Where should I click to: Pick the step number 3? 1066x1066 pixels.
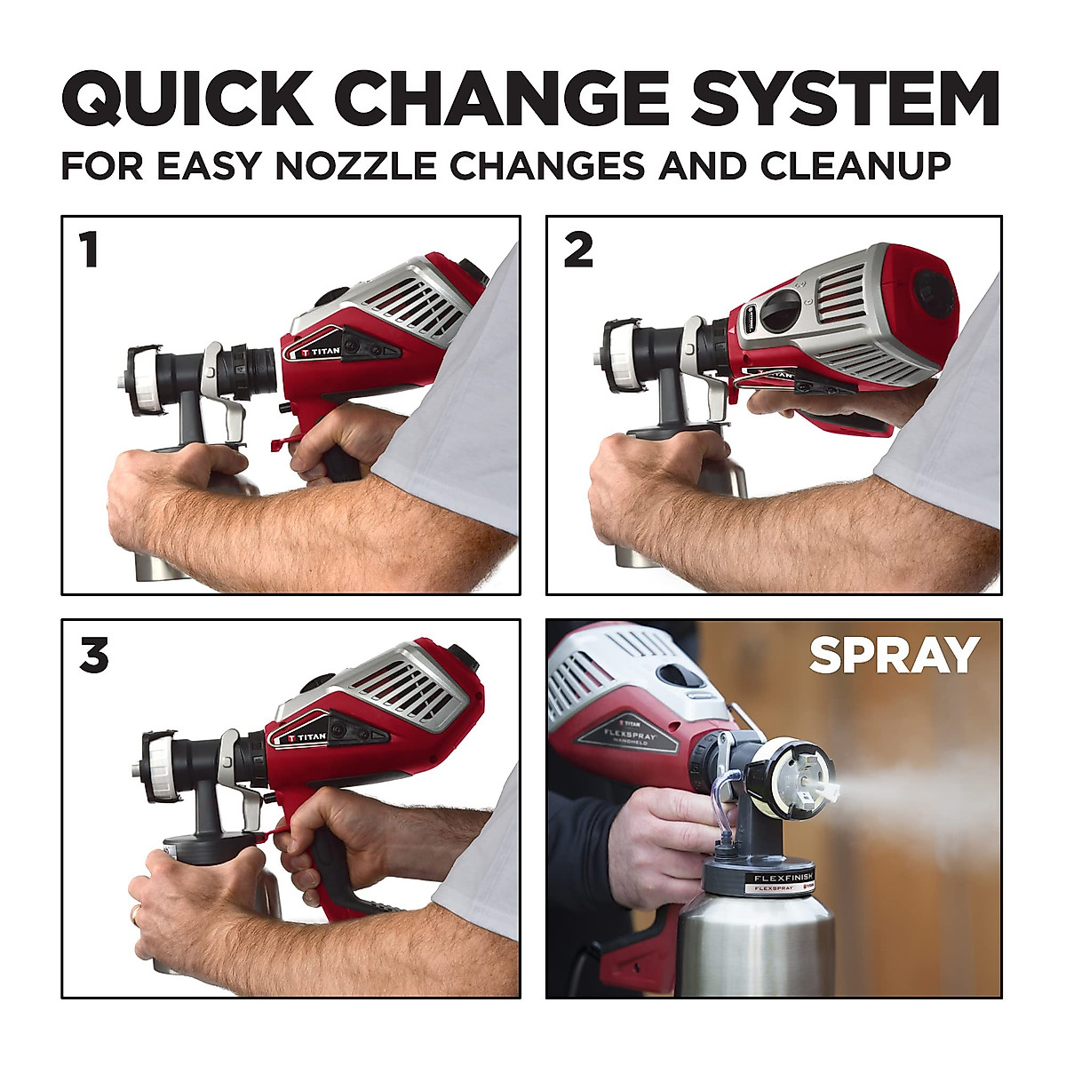click(x=93, y=656)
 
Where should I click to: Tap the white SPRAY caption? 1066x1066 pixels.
click(x=894, y=656)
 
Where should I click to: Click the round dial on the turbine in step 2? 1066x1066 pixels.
click(x=780, y=310)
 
